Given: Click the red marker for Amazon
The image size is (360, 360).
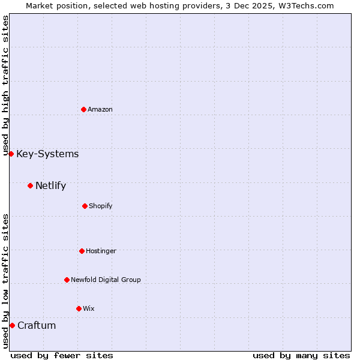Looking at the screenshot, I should (83, 109).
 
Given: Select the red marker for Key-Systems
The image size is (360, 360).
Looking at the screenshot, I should (11, 154).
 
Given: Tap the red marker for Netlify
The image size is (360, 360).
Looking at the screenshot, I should (30, 185).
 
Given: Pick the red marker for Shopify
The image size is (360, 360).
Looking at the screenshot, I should (85, 206).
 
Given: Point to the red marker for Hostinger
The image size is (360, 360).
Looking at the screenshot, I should (82, 251).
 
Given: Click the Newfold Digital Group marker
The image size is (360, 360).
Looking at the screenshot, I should (67, 280).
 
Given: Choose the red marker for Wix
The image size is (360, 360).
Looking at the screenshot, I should (79, 308).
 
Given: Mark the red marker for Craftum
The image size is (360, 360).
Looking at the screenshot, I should (12, 325).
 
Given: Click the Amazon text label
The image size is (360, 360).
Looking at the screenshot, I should (100, 109).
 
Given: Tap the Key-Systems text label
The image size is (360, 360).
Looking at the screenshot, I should (47, 154).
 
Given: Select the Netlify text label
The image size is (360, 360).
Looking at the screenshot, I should (50, 185).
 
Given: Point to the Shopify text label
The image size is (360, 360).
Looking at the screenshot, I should (101, 206).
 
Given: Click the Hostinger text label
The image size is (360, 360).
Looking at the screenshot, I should (101, 251).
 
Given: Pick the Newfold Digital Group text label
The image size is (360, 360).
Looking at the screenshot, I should (106, 280).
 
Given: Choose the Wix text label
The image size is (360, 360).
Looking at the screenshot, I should (89, 308).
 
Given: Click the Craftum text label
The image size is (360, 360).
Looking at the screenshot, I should (37, 325).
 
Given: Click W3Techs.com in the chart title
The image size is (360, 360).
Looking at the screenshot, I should (305, 5).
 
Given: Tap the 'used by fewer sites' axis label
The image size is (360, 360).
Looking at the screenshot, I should (62, 355).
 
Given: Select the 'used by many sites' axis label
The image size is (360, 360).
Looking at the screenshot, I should (301, 355).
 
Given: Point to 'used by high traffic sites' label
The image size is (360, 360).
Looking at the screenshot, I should (5, 86).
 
